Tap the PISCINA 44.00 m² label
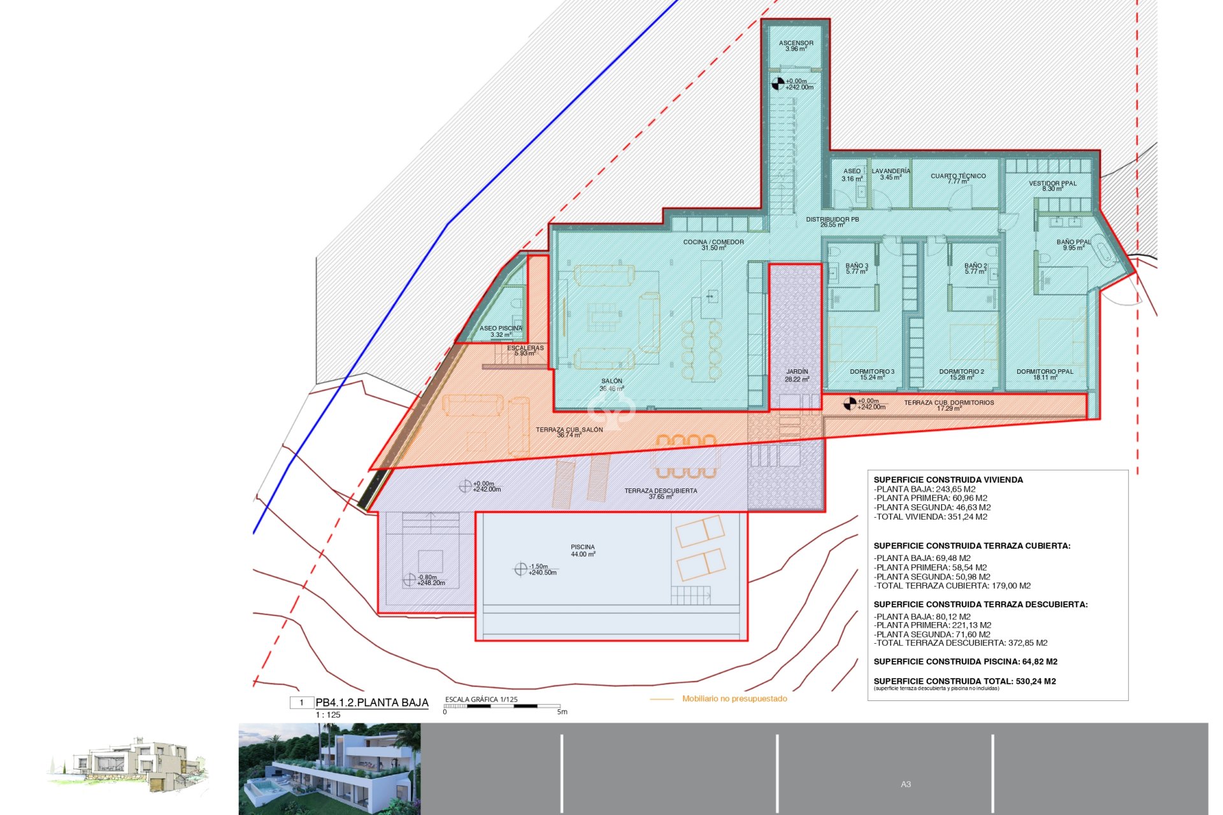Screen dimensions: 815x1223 point(582,551)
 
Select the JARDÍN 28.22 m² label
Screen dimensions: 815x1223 point(797,375)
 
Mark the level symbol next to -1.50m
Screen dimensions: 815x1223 point(520,569)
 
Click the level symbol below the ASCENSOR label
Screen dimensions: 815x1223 point(778,83)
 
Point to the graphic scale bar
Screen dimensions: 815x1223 point(501,706)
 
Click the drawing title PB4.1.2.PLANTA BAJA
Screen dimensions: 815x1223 point(371,703)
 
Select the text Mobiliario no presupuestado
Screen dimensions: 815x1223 point(734,698)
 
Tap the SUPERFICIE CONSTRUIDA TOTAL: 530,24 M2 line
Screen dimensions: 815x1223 point(964,681)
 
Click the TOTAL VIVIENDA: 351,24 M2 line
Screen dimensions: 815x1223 point(931,517)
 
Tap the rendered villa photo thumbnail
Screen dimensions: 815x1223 point(329,769)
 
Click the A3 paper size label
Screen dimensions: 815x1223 point(905,784)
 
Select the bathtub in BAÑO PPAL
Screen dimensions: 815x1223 point(1102,250)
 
